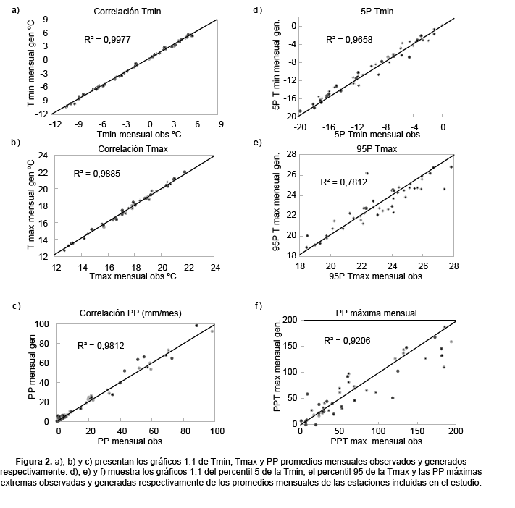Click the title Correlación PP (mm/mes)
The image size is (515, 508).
130,313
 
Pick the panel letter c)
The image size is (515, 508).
16,306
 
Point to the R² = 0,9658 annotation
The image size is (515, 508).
350,40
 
